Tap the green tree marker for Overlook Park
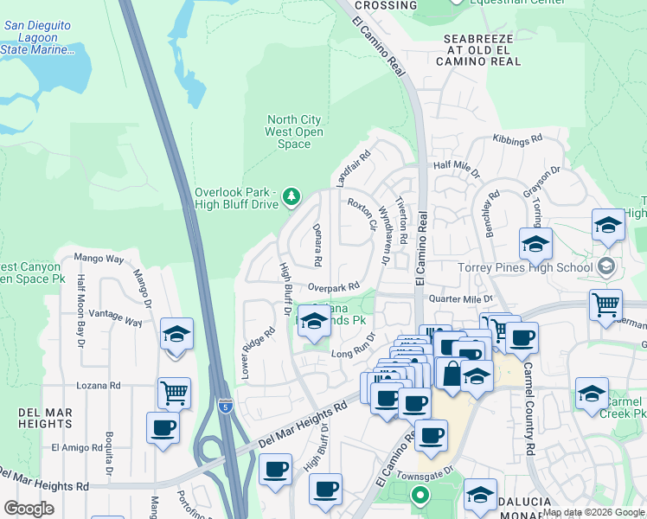[291, 198]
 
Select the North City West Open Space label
[295, 131]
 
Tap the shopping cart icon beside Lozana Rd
[174, 393]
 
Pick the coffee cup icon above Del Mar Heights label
[163, 426]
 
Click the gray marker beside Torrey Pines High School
[606, 266]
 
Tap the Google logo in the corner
[29, 508]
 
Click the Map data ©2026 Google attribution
[593, 512]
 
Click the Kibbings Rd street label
[517, 138]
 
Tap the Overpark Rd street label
[334, 286]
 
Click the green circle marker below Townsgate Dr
[420, 496]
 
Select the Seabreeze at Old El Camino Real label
[483, 50]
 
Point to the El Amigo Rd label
[76, 447]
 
